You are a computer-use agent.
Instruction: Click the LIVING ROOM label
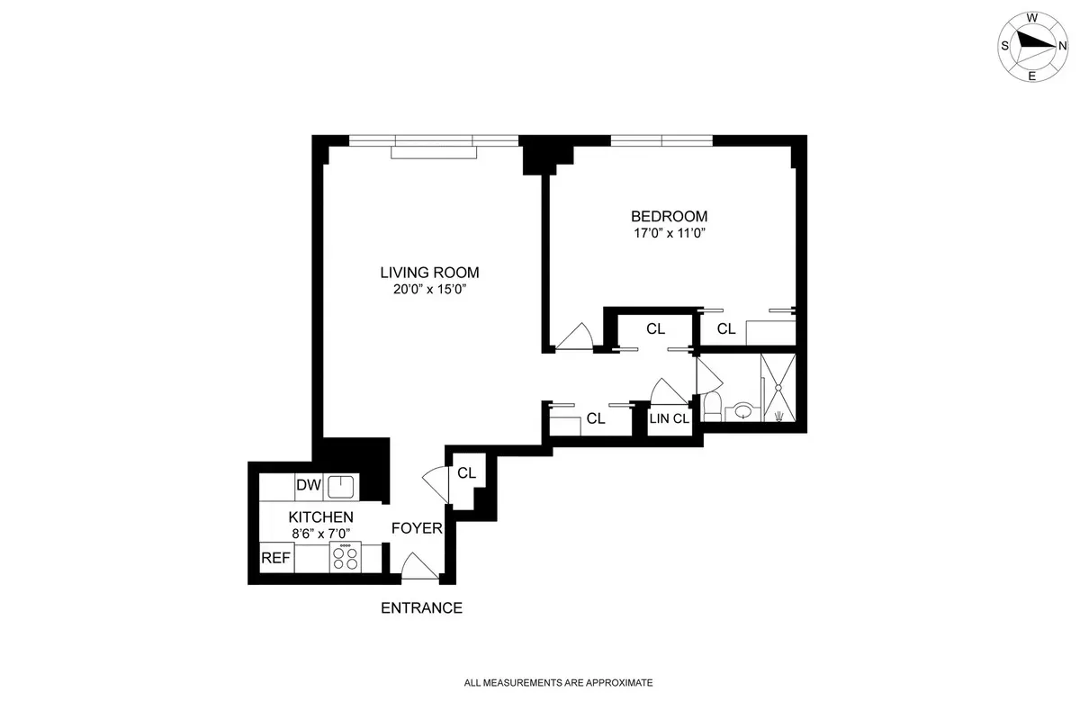pos(429,272)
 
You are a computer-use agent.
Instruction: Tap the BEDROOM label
pos(669,216)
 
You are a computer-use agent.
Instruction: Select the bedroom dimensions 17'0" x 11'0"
pos(669,234)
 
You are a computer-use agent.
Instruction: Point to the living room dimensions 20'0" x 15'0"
pos(429,290)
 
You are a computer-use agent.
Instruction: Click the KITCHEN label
pos(320,517)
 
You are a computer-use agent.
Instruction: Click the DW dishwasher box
pos(309,486)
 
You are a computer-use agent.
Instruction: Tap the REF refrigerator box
pos(275,558)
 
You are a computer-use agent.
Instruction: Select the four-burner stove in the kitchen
pos(344,556)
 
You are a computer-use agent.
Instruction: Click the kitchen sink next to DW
pos(341,487)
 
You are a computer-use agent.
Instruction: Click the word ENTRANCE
pos(421,608)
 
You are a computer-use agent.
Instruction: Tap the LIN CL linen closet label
pos(670,418)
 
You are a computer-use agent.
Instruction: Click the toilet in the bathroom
pos(711,406)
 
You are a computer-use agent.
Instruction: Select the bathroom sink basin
pos(743,412)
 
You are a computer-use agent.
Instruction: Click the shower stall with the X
pos(778,387)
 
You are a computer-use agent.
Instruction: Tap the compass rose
pos(1031,44)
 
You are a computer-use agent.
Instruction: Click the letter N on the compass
pos(1062,45)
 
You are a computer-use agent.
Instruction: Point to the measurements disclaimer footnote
pos(558,683)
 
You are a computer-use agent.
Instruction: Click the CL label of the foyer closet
pos(466,473)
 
